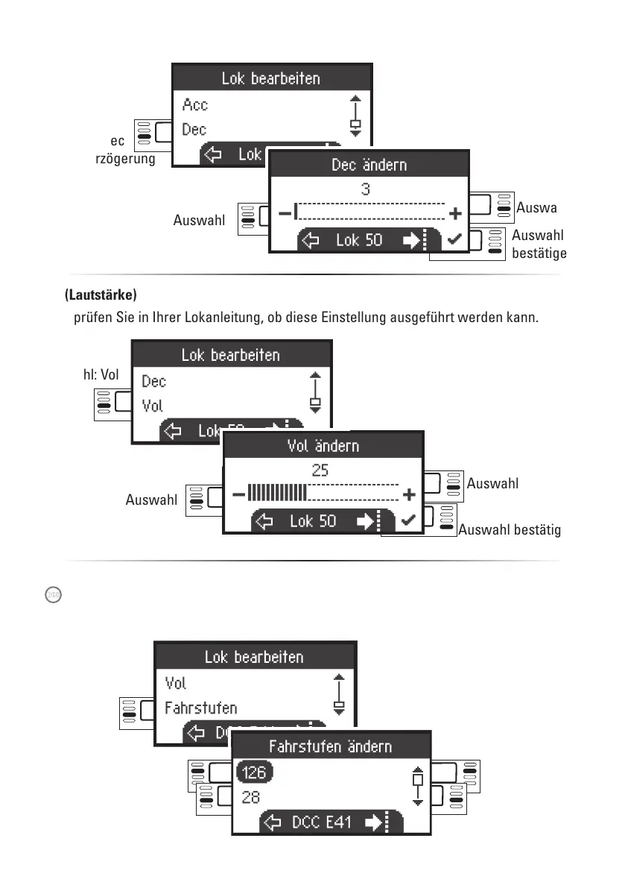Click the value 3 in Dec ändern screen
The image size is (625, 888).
[x=366, y=189]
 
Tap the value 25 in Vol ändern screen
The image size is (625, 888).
[x=320, y=470]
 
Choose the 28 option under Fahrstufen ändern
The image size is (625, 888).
[x=251, y=797]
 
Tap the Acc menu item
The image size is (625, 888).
[x=195, y=105]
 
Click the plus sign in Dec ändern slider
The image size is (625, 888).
[x=456, y=214]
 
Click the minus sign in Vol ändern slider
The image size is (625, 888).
[x=238, y=494]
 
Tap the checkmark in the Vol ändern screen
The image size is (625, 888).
[x=408, y=520]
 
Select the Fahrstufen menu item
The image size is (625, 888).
[x=201, y=707]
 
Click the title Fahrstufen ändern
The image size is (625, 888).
[x=330, y=746]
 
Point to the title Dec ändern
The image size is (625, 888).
[x=369, y=164]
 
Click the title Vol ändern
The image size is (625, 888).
[x=323, y=446]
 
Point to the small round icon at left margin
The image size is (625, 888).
[x=52, y=595]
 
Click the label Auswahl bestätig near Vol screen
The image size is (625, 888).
[x=510, y=531]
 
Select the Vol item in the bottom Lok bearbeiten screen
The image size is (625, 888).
[x=176, y=683]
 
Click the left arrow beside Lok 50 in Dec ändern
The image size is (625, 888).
[x=311, y=241]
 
